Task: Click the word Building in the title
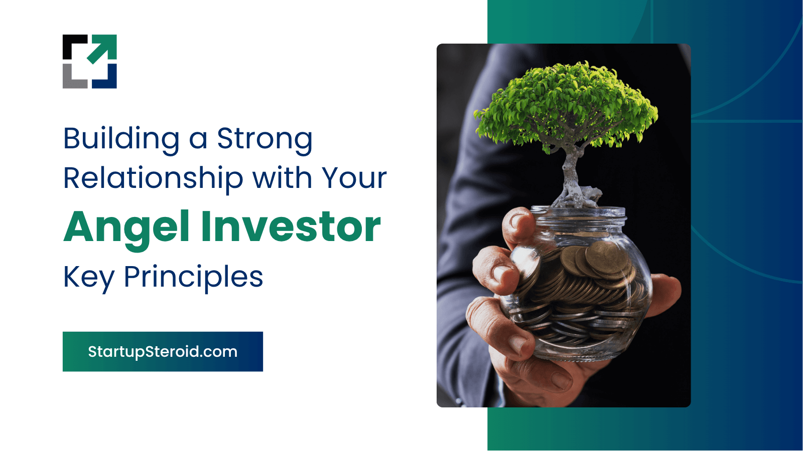pyautogui.click(x=121, y=140)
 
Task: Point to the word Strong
pyautogui.click(x=265, y=140)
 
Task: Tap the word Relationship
pyautogui.click(x=154, y=179)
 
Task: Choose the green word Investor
pyautogui.click(x=291, y=227)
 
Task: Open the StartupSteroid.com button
pyautogui.click(x=163, y=351)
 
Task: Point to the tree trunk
pyautogui.click(x=570, y=168)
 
